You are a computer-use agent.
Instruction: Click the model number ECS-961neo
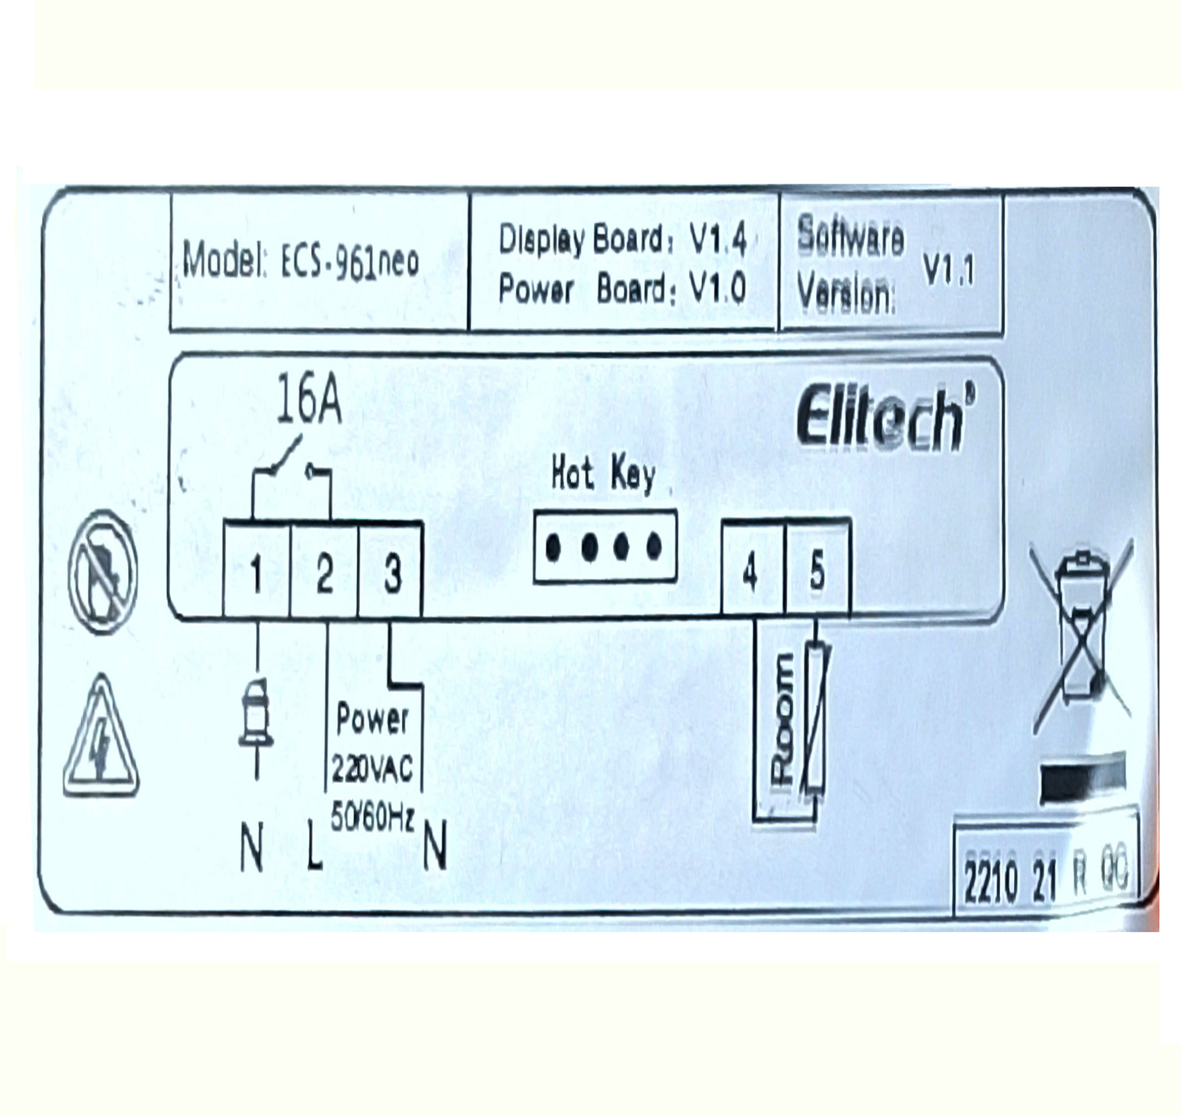(350, 262)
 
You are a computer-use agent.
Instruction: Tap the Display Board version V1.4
(717, 240)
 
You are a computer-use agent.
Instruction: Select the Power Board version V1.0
(717, 290)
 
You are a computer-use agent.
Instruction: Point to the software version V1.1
(948, 272)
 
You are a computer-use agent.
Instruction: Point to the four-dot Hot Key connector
(605, 547)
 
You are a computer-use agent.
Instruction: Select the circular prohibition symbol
(103, 572)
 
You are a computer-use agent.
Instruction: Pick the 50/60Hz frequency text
(372, 819)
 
